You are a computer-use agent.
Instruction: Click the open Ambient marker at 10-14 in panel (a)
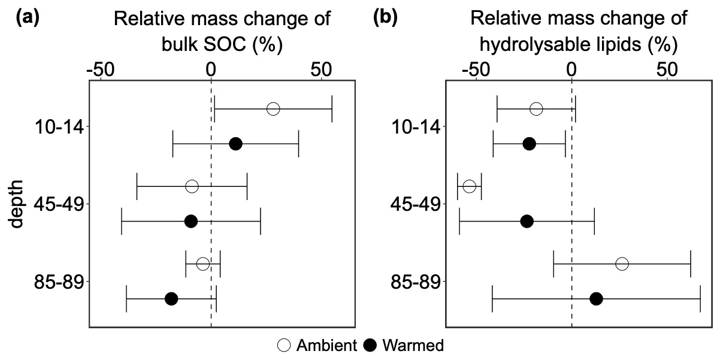point(273,109)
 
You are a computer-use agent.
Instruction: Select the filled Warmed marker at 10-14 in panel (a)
point(235,144)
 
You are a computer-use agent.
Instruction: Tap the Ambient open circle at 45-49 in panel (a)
point(192,186)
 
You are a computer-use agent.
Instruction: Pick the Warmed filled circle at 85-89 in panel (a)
point(171,299)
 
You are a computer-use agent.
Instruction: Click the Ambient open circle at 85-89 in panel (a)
point(203,264)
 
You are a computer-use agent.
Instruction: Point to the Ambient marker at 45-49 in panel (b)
point(470,186)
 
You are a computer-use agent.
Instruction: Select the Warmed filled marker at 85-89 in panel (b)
point(596,299)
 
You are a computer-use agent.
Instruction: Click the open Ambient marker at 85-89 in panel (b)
point(622,264)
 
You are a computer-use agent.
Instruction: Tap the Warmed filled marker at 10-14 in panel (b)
point(529,144)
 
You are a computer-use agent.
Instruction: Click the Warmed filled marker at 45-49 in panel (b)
point(527,222)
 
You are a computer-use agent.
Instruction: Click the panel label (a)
point(28,17)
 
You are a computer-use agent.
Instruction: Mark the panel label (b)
point(385,17)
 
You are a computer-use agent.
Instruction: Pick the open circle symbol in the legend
point(283,345)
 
